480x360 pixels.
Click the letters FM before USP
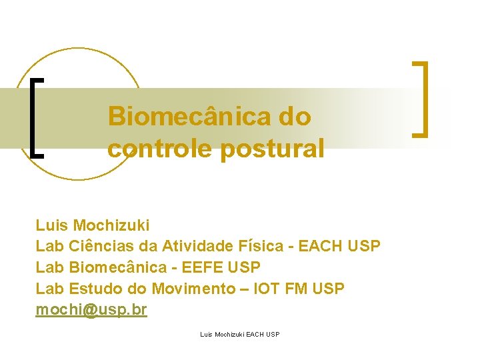[298, 289]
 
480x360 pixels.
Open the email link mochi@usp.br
[91, 310]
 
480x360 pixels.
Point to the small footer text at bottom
[239, 334]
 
